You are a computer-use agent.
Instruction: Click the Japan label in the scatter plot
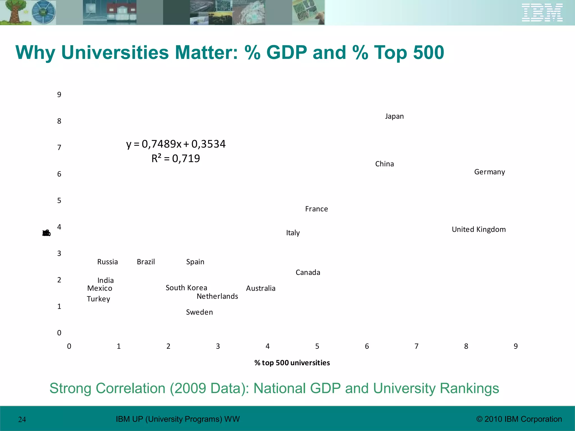coord(394,116)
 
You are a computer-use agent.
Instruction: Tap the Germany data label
coord(489,172)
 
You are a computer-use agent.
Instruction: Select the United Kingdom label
coord(479,230)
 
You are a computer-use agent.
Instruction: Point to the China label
coord(384,164)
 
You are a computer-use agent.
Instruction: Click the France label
coord(316,209)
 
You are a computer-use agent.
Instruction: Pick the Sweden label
coord(199,312)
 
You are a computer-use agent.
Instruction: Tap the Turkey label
coord(98,299)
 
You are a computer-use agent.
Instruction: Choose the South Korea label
coord(186,288)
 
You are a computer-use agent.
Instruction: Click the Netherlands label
coord(217,296)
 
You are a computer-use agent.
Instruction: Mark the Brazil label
coord(146,262)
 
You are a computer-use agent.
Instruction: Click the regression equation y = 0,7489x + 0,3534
coord(176,144)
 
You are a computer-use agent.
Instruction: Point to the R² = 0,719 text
coord(176,159)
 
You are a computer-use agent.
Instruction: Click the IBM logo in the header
coord(542,13)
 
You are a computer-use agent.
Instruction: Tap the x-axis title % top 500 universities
coord(292,363)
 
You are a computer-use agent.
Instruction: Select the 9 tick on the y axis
coord(59,95)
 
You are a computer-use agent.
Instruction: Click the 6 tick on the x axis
coord(367,346)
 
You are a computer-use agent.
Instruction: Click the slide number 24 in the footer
coord(22,419)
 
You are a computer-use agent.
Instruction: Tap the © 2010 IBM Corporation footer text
coord(519,419)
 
